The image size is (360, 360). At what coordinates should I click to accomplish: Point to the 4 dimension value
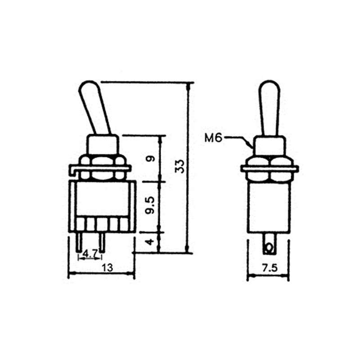[151, 242]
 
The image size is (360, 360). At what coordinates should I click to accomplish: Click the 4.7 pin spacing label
[90, 254]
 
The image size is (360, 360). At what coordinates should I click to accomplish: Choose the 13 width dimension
[107, 267]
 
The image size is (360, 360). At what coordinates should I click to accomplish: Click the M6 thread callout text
[213, 138]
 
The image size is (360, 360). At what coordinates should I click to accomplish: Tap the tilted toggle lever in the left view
[94, 108]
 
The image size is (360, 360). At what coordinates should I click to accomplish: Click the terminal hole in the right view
[269, 247]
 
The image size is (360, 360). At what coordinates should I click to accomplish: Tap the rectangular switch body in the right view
[269, 207]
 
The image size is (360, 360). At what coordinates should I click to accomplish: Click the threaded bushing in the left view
[103, 145]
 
